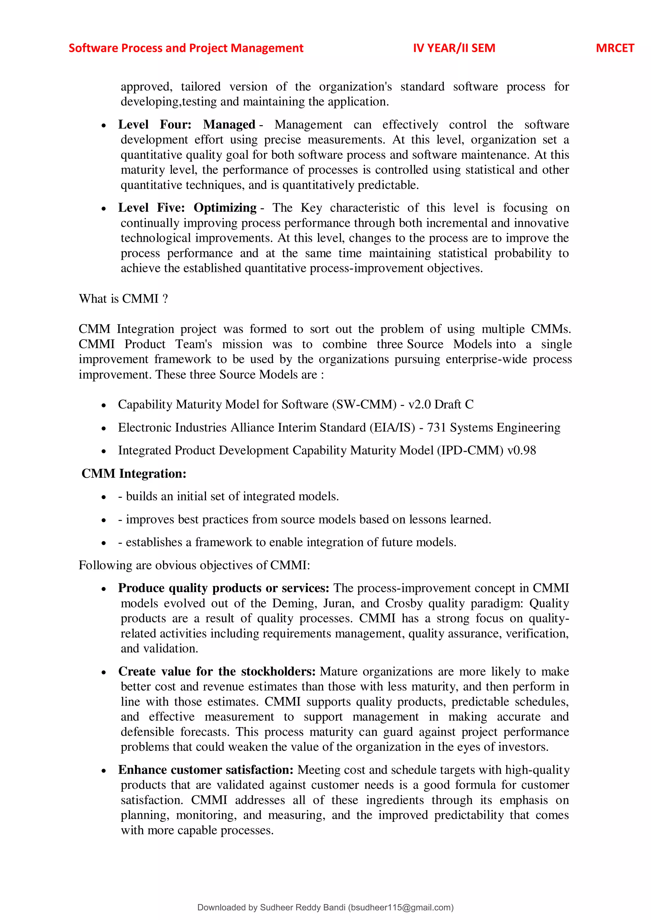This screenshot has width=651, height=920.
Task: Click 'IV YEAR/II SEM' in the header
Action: [454, 48]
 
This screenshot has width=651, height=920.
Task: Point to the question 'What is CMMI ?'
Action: [123, 299]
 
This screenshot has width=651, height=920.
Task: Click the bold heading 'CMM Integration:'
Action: [134, 474]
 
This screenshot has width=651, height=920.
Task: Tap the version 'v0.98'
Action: [521, 450]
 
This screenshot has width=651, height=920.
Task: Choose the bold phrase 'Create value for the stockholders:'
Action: [217, 671]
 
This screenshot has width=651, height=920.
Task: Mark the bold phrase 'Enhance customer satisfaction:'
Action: [206, 770]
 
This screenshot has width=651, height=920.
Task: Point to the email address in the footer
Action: [400, 908]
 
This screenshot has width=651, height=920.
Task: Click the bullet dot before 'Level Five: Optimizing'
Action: [104, 209]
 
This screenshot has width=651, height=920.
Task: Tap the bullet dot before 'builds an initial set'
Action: [104, 497]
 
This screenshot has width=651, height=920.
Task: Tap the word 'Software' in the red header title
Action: [93, 48]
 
